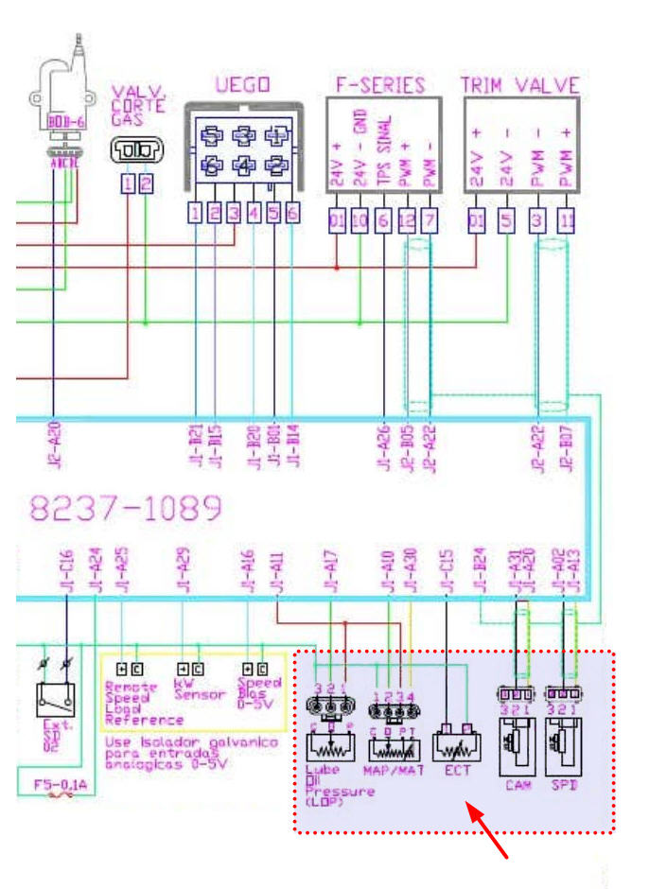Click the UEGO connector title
(x=242, y=85)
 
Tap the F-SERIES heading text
(x=380, y=84)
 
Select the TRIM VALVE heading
(x=519, y=84)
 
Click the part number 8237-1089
(x=126, y=510)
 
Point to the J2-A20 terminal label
(x=52, y=444)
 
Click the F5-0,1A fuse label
(x=55, y=784)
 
